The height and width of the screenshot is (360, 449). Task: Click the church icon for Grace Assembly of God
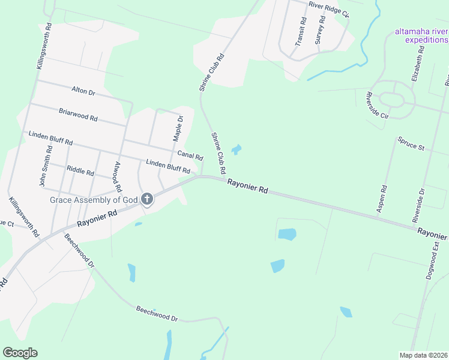click(x=147, y=200)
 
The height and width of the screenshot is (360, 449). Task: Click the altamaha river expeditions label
click(x=421, y=35)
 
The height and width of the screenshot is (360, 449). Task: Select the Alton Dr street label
click(x=83, y=91)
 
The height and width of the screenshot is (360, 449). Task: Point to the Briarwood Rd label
click(x=78, y=115)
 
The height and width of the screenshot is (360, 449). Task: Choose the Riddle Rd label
click(x=80, y=172)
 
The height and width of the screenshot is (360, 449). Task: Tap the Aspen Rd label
click(x=381, y=198)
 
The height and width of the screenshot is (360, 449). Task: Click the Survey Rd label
click(x=319, y=31)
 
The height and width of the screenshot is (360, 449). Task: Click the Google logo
click(x=20, y=353)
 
